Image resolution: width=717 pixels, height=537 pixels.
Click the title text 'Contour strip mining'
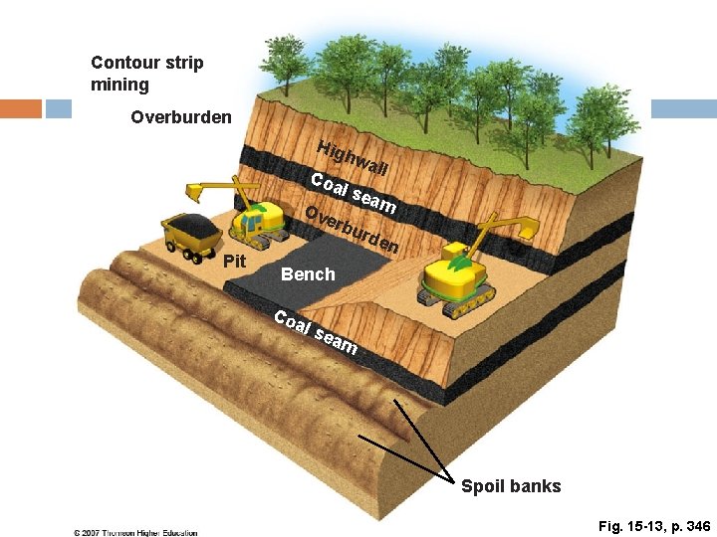(x=146, y=74)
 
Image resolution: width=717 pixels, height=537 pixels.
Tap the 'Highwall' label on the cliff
(x=353, y=158)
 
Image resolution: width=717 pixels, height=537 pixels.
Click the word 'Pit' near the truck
(x=235, y=262)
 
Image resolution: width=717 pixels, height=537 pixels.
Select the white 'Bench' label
(x=308, y=274)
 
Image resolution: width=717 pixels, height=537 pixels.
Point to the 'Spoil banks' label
(x=511, y=486)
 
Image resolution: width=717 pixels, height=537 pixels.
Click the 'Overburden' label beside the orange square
(x=181, y=117)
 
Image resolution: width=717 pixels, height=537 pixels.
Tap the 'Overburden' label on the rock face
(x=352, y=230)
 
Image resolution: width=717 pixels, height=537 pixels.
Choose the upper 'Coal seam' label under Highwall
(x=353, y=193)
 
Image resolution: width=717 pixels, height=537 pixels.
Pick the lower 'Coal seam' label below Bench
(x=316, y=332)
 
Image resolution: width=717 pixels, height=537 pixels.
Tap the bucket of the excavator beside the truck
(x=194, y=192)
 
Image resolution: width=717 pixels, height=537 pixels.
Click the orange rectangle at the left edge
(x=21, y=108)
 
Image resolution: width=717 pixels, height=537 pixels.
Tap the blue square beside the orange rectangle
(x=59, y=108)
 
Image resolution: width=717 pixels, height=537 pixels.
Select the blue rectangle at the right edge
(x=684, y=108)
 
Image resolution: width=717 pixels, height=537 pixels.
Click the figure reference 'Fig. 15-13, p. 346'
(x=654, y=526)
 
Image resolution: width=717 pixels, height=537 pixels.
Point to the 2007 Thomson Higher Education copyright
(x=135, y=532)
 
